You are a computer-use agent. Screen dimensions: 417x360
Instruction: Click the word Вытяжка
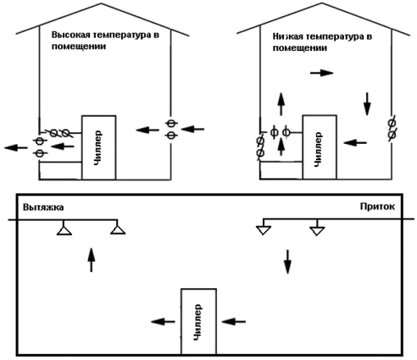(43, 208)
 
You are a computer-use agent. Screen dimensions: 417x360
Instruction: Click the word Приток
(377, 207)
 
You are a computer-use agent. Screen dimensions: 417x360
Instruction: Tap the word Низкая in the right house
(288, 36)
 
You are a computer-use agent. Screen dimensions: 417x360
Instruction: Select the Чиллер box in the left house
(98, 147)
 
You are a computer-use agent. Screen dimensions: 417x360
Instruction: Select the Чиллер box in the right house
(320, 147)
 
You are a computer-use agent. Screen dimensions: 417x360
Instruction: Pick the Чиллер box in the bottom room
(199, 321)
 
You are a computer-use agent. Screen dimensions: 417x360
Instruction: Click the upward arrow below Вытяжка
(91, 260)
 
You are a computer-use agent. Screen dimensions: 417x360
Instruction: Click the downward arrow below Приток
(287, 262)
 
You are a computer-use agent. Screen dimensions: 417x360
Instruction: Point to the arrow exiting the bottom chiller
(163, 321)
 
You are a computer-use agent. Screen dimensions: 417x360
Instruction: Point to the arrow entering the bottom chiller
(234, 321)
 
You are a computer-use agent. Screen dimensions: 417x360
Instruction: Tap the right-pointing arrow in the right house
(322, 73)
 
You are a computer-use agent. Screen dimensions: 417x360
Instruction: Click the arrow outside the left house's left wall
(16, 147)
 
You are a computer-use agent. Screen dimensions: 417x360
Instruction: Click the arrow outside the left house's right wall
(192, 130)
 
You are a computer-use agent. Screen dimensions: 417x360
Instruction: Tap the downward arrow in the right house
(367, 104)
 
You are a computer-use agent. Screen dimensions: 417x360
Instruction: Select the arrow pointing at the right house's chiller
(355, 143)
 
